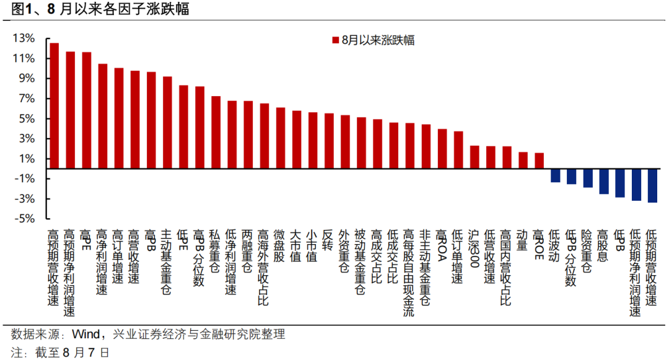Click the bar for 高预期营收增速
tap(54, 106)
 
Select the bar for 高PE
tap(87, 110)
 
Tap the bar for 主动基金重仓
tap(167, 123)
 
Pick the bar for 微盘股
tap(281, 138)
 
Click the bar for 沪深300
tap(474, 157)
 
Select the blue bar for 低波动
tap(555, 175)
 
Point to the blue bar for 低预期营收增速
tap(652, 185)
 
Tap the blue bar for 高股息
tap(604, 182)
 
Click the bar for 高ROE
tap(539, 161)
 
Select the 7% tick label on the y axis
tap(27, 99)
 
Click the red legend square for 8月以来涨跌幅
tap(335, 40)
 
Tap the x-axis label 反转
tap(328, 240)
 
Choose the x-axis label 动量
tap(522, 240)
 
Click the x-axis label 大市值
tap(295, 246)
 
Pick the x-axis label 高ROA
tap(441, 245)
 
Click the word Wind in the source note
tap(85, 334)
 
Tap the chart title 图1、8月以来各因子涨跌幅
tap(100, 9)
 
